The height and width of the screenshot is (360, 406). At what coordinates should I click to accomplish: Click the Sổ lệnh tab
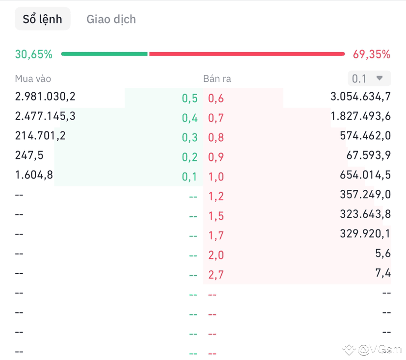(43, 19)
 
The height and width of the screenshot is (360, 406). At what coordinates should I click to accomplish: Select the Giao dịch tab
(111, 20)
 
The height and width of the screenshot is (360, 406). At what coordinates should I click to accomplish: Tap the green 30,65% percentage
(33, 54)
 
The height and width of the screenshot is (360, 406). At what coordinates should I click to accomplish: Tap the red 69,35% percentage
(372, 54)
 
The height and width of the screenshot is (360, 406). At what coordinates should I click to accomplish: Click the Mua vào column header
(33, 78)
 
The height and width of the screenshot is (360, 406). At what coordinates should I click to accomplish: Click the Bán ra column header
(217, 78)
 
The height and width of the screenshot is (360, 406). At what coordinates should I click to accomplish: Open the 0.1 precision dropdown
(369, 78)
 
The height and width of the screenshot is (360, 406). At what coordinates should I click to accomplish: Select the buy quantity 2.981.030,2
(46, 97)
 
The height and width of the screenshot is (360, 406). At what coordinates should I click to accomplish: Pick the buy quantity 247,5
(29, 155)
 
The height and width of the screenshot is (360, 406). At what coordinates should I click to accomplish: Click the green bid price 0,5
(190, 98)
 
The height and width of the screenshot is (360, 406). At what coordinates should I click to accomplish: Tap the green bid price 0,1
(190, 177)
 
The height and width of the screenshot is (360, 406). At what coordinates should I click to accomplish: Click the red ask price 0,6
(216, 98)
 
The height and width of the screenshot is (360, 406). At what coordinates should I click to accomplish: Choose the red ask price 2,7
(216, 275)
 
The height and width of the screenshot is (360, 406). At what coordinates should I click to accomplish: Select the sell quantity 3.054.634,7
(360, 97)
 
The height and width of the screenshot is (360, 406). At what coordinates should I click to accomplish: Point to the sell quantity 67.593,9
(368, 155)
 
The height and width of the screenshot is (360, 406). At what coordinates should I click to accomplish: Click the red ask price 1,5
(216, 216)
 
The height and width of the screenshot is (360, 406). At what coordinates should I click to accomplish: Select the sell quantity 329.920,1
(365, 234)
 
